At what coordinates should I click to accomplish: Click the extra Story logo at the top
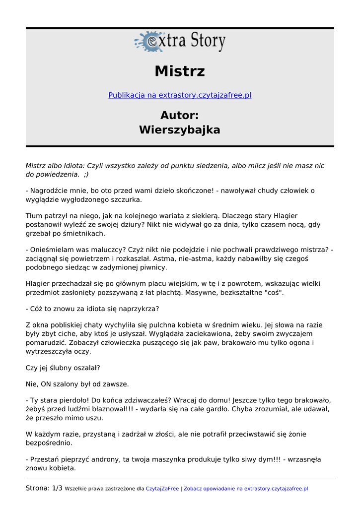click(180, 42)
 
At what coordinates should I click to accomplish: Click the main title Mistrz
click(180, 71)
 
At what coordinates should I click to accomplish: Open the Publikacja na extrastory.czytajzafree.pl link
click(180, 95)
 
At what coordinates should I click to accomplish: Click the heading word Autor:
click(180, 115)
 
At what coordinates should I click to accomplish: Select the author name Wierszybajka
click(180, 130)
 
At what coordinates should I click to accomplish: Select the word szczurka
click(126, 199)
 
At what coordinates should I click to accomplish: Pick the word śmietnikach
click(84, 233)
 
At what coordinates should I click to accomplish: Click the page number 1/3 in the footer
click(57, 488)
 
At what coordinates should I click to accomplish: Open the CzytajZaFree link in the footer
click(162, 489)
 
